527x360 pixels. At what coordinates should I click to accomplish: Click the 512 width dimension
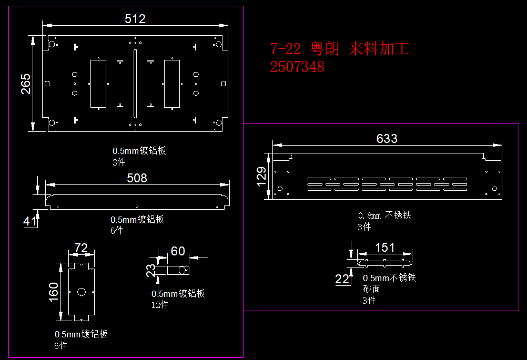click(135, 19)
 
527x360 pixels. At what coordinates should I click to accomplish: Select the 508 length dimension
click(137, 178)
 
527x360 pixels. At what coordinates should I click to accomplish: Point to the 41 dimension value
click(30, 221)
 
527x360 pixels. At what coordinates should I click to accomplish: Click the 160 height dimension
click(54, 293)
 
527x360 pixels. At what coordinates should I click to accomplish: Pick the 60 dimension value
click(178, 251)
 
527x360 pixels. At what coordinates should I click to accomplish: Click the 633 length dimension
click(387, 139)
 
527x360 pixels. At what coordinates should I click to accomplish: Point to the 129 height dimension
click(261, 177)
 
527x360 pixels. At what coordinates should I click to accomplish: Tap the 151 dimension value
click(385, 248)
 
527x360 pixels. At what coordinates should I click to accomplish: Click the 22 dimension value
click(342, 279)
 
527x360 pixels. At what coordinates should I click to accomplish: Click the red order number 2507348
click(297, 67)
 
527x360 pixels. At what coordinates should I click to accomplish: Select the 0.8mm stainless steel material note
click(384, 215)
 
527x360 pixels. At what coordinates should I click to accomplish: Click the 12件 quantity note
click(160, 305)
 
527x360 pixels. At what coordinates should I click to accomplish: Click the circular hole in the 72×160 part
click(81, 292)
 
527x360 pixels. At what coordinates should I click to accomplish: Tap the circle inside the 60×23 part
click(183, 271)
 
